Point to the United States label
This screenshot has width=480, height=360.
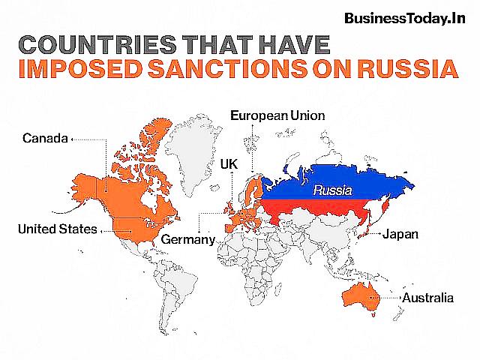[x=57, y=228]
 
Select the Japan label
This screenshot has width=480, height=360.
[x=400, y=234]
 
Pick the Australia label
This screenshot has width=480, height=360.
[x=427, y=298]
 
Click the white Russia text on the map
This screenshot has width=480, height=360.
[x=332, y=190]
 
